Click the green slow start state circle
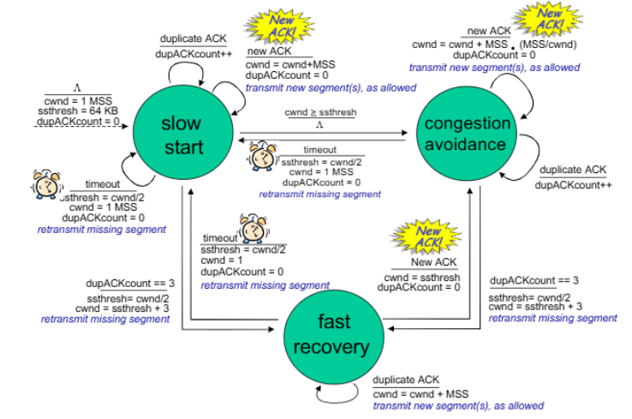(183, 133)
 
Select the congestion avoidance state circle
(467, 134)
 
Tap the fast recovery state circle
(334, 337)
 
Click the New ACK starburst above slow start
(281, 26)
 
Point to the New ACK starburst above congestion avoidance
(549, 19)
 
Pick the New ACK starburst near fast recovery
(426, 236)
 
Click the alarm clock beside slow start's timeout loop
(47, 185)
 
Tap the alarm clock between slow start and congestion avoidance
(263, 156)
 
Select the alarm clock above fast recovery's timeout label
(254, 228)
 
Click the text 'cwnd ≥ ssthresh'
(320, 112)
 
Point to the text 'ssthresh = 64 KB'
(77, 111)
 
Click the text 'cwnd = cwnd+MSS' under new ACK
(290, 64)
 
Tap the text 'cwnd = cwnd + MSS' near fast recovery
(420, 394)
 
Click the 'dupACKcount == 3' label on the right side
(534, 280)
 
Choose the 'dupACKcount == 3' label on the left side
(130, 284)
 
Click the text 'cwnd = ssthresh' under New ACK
(422, 278)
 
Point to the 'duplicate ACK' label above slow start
(193, 39)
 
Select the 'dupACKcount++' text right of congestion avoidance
(573, 185)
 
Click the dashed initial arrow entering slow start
(80, 126)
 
